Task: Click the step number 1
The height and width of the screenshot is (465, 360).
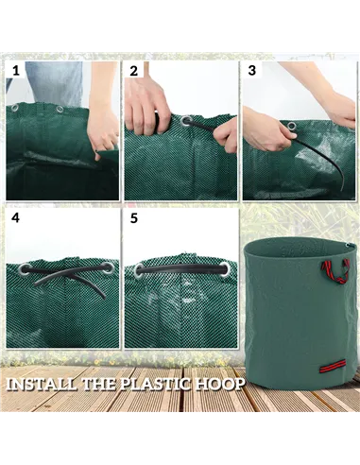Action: point(15,71)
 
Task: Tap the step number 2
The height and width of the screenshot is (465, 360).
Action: point(134,71)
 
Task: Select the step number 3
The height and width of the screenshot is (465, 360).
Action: point(251,71)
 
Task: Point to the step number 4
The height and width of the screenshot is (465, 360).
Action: point(15,217)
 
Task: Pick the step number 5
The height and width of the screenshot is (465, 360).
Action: point(134,217)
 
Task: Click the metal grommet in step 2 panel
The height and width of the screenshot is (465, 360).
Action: point(185,121)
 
